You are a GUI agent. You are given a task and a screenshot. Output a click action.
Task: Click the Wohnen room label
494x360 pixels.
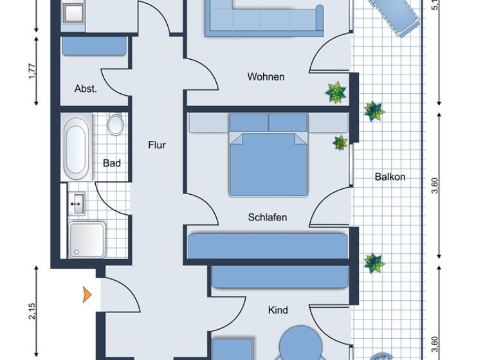[266, 77]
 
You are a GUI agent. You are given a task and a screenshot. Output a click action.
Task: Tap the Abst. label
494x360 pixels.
[86, 89]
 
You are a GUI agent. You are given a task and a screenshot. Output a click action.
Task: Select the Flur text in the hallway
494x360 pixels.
[157, 145]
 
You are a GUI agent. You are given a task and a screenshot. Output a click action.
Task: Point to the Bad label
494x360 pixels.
[112, 163]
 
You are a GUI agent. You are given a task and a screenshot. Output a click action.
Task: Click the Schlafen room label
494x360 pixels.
[267, 217]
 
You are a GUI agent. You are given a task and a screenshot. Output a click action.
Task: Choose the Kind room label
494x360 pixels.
[278, 310]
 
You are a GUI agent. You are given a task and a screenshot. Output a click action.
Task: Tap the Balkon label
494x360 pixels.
[390, 177]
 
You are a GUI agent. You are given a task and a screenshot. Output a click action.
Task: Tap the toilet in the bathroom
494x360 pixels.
[115, 123]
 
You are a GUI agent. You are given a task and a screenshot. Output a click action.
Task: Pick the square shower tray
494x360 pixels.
[86, 240]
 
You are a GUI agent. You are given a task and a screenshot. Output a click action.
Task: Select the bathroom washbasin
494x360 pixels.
[77, 203]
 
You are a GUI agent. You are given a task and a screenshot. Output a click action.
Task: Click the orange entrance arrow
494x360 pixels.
[86, 295]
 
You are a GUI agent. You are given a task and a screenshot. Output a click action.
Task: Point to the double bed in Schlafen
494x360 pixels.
[268, 161]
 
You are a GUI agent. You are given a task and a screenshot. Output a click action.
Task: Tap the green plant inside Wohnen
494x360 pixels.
[336, 93]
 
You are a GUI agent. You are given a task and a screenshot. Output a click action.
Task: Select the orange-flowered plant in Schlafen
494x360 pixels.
[340, 143]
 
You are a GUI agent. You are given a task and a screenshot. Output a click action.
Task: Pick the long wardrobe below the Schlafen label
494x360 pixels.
[268, 246]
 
